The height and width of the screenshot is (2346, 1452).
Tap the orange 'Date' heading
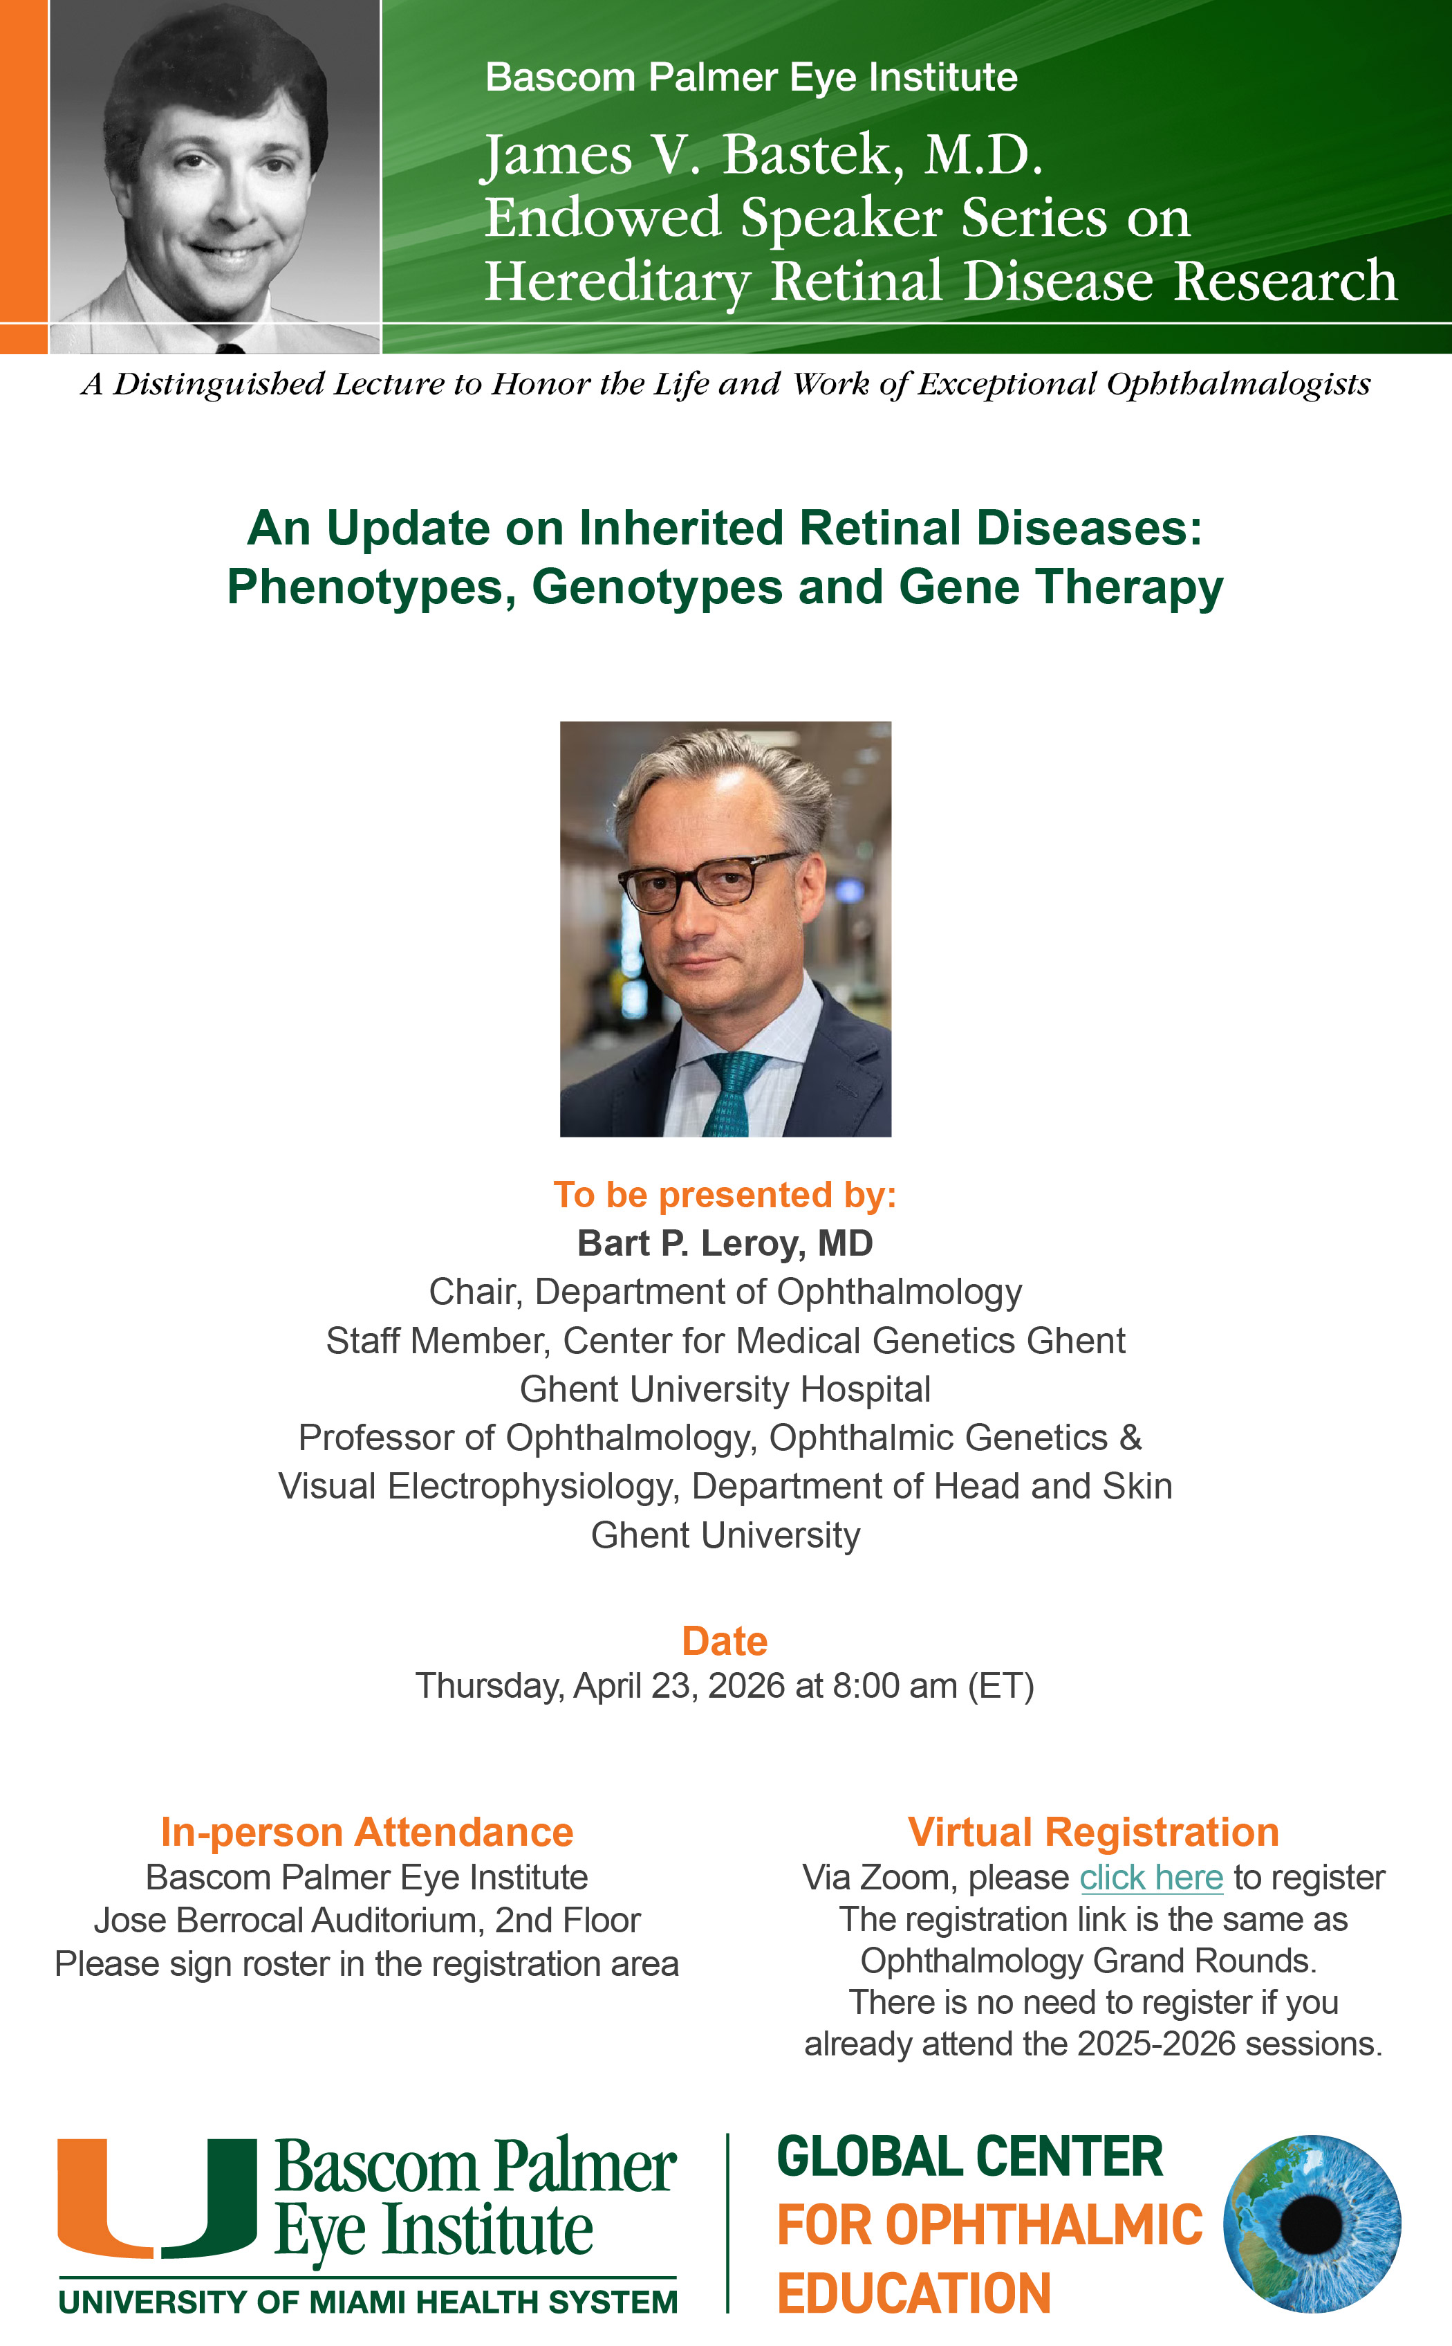pyautogui.click(x=725, y=1641)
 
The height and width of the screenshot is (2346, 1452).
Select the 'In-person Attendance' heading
pyautogui.click(x=367, y=1832)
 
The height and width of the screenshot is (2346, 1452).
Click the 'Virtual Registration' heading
pyautogui.click(x=1094, y=1832)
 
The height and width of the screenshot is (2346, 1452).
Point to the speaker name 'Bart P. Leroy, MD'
pyautogui.click(x=725, y=1243)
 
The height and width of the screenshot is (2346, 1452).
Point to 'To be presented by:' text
pyautogui.click(x=725, y=1194)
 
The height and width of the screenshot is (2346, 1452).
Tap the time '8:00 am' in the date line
pyautogui.click(x=895, y=1686)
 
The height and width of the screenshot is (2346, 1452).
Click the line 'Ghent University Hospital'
pyautogui.click(x=725, y=1389)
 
